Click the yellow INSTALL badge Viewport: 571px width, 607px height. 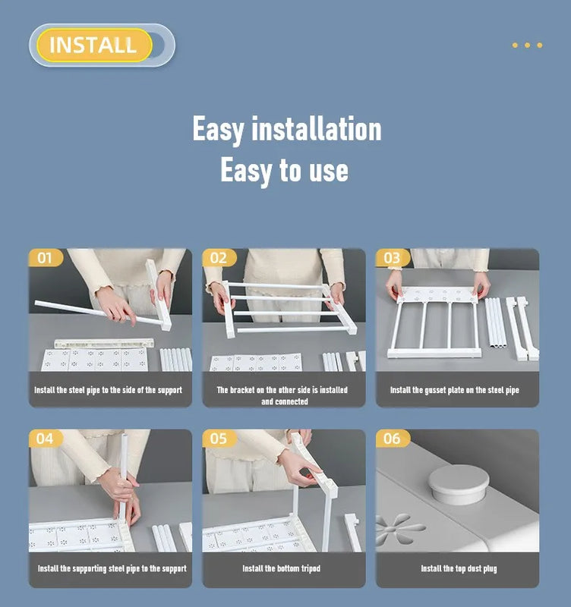coord(94,45)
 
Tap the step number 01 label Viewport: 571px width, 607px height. coord(45,258)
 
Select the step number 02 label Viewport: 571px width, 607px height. coord(218,258)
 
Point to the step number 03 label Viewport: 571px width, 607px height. coord(392,258)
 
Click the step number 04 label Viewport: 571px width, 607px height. coord(45,439)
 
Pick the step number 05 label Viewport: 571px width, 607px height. coord(218,439)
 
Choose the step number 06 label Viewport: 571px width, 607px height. coord(392,439)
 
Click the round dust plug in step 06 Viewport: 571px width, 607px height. coord(459,484)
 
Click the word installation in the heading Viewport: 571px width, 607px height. coord(317,129)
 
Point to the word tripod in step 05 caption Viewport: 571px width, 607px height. coord(311,568)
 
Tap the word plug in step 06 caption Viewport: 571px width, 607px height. coord(490,568)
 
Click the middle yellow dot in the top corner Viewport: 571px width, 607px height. coord(527,46)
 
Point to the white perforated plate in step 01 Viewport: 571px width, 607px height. coord(94,360)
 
